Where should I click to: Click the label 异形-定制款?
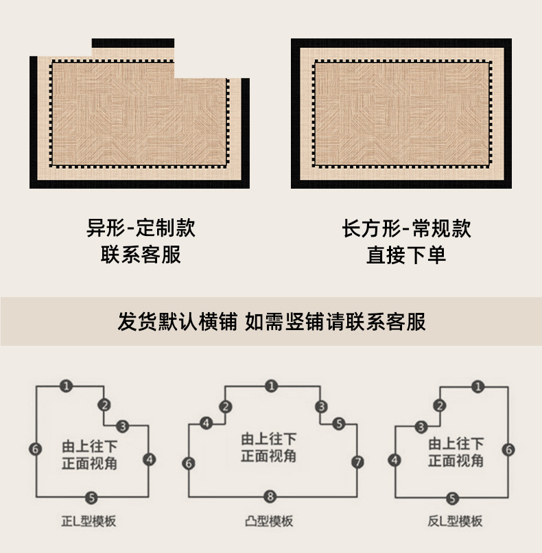[x=141, y=228]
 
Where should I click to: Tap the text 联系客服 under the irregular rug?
[x=141, y=255]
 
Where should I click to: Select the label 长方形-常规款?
[x=406, y=228]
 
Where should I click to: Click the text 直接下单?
[x=406, y=255]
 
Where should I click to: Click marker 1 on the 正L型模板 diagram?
[x=66, y=386]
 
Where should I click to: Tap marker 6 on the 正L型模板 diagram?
[x=36, y=449]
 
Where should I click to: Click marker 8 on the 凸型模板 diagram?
[x=271, y=496]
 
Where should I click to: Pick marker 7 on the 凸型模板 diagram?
[x=357, y=462]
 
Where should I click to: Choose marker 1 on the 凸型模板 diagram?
[x=271, y=386]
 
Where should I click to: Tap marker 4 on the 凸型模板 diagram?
[x=206, y=424]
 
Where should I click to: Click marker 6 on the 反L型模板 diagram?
[x=508, y=449]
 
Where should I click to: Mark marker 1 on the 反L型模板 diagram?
[x=478, y=386]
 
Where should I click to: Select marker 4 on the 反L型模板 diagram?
[x=394, y=460]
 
